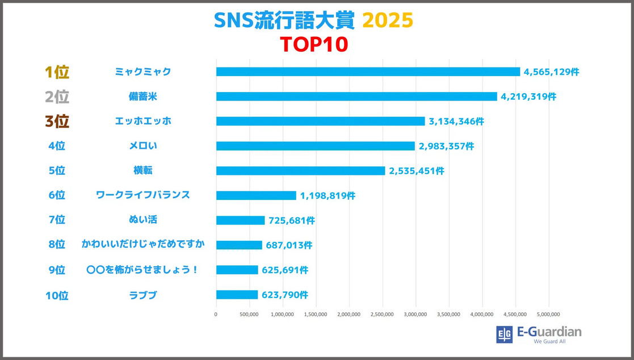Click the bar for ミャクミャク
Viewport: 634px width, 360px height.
pyautogui.click(x=368, y=72)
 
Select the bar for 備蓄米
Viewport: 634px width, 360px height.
pyautogui.click(x=356, y=97)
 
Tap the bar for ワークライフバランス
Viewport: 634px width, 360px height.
pyautogui.click(x=256, y=195)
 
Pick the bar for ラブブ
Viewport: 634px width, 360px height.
pyautogui.click(x=237, y=295)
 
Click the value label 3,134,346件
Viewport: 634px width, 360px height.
pyautogui.click(x=456, y=122)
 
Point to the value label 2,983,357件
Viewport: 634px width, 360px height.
pyautogui.click(x=446, y=146)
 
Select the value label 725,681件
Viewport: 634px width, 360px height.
pyautogui.click(x=291, y=220)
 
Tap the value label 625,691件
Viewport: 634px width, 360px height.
pyautogui.click(x=285, y=270)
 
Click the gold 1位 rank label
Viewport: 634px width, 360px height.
pyautogui.click(x=57, y=72)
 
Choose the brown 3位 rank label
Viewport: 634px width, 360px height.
pyautogui.click(x=57, y=122)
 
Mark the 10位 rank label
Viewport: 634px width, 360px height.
pyautogui.click(x=57, y=295)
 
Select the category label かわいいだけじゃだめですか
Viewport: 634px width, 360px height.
pyautogui.click(x=142, y=244)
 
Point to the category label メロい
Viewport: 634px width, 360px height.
pyautogui.click(x=142, y=146)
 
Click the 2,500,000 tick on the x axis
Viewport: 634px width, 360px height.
pyautogui.click(x=382, y=314)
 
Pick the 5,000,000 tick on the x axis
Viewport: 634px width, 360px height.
pyautogui.click(x=548, y=314)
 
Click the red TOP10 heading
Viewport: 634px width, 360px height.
pyautogui.click(x=313, y=44)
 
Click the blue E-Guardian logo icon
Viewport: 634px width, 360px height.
pyautogui.click(x=504, y=334)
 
